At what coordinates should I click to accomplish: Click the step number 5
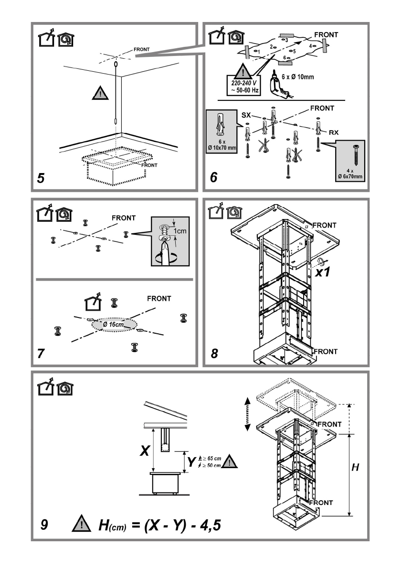(41, 178)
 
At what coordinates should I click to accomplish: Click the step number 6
(214, 177)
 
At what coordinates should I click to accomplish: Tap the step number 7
(41, 353)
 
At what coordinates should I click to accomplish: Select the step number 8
(214, 353)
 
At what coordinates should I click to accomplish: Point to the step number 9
(44, 525)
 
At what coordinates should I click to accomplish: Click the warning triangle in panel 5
(100, 93)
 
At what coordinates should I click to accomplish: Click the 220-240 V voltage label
(244, 83)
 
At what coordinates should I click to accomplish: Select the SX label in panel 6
(246, 115)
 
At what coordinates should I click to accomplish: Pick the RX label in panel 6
(334, 132)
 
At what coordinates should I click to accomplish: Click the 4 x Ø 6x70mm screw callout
(350, 160)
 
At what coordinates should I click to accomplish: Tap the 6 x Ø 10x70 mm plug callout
(222, 131)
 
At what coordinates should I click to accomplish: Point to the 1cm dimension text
(179, 231)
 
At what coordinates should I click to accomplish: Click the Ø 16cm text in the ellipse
(114, 324)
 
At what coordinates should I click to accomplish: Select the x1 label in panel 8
(322, 272)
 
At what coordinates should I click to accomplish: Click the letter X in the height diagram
(145, 451)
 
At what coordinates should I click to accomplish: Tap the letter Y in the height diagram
(191, 462)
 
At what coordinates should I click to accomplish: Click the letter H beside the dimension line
(355, 467)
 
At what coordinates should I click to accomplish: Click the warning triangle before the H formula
(82, 524)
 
